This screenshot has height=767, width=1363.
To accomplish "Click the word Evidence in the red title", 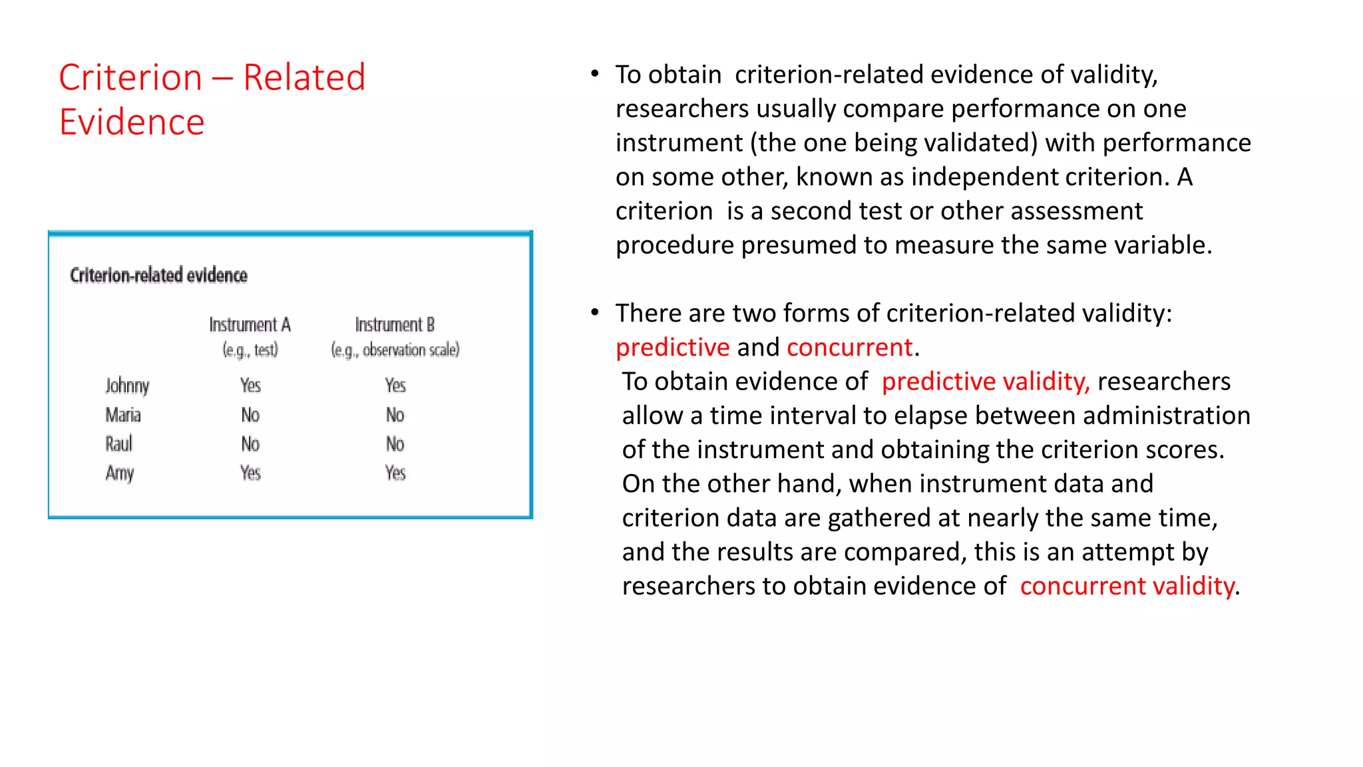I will pos(132,123).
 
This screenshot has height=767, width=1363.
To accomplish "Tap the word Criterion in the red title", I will pos(130,78).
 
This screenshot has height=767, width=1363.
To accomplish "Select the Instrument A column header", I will pos(250,325).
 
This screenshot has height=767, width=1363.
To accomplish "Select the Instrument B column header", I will pos(395,325).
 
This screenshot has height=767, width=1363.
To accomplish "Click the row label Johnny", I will pos(127,386).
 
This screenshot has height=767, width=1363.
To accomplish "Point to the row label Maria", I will pos(123,415).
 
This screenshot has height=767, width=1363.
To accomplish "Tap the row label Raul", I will pos(119,444).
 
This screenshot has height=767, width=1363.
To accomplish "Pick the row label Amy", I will pos(120,473).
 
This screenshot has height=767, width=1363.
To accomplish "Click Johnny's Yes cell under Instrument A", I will pos(250,385).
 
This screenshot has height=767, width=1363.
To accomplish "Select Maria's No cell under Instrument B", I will pos(395,415).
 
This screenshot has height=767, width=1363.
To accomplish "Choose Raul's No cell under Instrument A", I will pos(250,444).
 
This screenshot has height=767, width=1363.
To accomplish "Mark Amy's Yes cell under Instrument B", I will pos(395,473).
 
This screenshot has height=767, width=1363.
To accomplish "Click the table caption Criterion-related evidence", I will pos(158,276).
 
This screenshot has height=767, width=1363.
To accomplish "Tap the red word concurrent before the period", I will pos(849,348).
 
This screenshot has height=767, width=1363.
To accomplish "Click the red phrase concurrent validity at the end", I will pos(1127,586).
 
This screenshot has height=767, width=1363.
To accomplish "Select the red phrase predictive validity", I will pos(985,382).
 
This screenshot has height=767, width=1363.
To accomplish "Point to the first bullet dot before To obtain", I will pos(595,73).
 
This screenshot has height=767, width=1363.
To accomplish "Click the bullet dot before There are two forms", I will pos(595,312).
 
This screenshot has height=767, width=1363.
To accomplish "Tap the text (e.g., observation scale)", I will pos(395,350).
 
